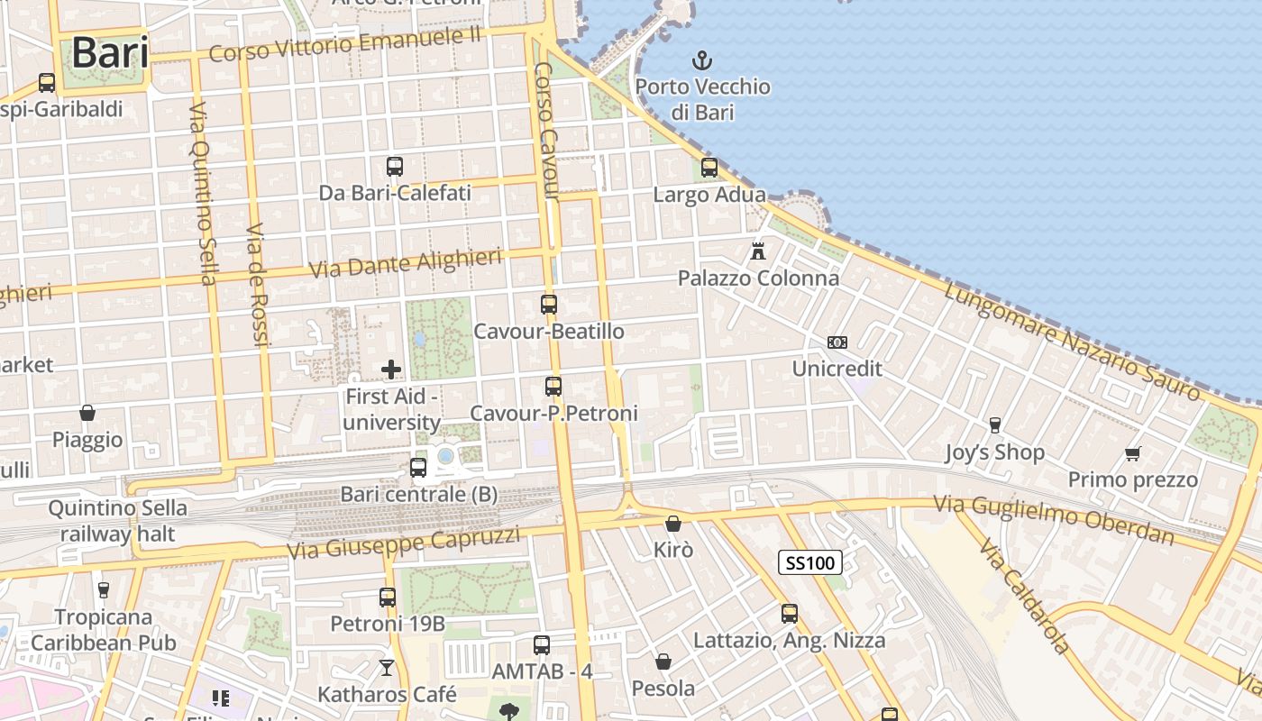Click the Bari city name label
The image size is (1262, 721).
click(x=110, y=52)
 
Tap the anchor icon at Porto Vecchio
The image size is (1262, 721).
click(x=701, y=61)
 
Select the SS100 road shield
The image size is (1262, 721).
click(x=809, y=563)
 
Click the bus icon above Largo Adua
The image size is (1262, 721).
click(x=709, y=167)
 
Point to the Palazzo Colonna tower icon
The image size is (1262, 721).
click(x=758, y=251)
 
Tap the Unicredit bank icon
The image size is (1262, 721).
click(x=837, y=342)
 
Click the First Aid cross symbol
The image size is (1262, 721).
click(x=391, y=369)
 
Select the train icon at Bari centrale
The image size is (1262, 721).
click(x=418, y=467)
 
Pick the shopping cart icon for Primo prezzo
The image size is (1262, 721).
click(x=1132, y=453)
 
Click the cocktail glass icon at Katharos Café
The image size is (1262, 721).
click(x=387, y=667)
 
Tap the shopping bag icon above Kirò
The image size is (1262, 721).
click(x=673, y=523)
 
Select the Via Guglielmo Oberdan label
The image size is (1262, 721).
click(x=1055, y=519)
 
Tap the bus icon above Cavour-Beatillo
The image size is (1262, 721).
click(x=549, y=304)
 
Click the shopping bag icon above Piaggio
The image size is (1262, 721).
click(x=87, y=413)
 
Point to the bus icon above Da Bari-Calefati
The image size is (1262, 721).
click(x=395, y=166)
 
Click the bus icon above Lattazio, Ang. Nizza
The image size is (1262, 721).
click(x=790, y=613)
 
